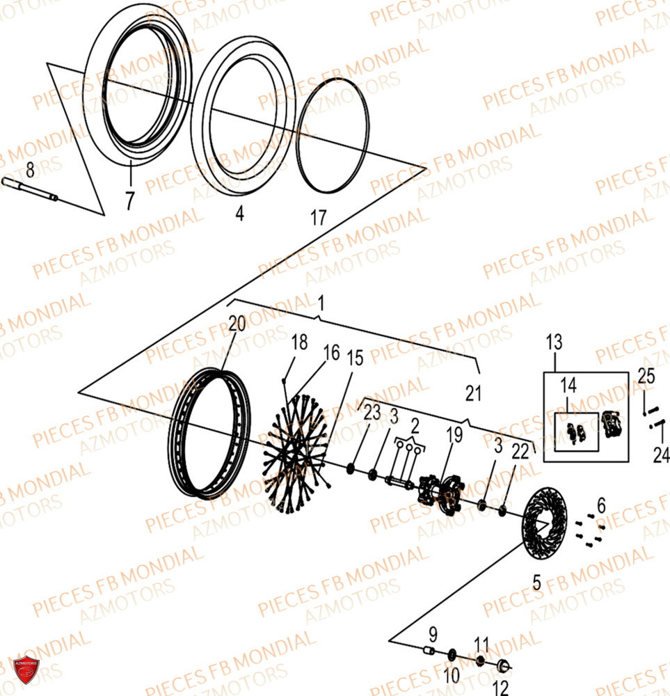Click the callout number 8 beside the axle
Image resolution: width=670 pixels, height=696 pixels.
(30, 170)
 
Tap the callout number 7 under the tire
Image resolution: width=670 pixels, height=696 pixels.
(129, 200)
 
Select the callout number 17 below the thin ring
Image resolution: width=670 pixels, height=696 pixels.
(318, 217)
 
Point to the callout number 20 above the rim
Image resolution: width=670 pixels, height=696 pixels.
(237, 324)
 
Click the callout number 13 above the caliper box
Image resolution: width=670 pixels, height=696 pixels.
(555, 342)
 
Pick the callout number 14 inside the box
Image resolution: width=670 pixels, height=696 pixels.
(568, 385)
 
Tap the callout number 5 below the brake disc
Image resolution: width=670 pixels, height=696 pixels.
(537, 583)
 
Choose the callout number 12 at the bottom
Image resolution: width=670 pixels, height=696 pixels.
(500, 688)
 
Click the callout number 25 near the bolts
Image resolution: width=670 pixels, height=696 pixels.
(646, 376)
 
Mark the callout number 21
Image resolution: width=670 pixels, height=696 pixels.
(473, 393)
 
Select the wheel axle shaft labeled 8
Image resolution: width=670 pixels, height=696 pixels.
(30, 189)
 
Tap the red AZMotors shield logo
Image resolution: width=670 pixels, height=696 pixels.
(26, 670)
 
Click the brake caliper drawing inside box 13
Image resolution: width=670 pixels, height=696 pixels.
(612, 425)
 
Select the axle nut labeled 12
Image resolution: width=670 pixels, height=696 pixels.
(504, 665)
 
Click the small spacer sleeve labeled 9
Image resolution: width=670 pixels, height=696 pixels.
(429, 651)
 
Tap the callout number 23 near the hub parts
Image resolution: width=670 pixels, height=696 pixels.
(372, 412)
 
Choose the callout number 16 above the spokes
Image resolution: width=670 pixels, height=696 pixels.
(331, 352)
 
